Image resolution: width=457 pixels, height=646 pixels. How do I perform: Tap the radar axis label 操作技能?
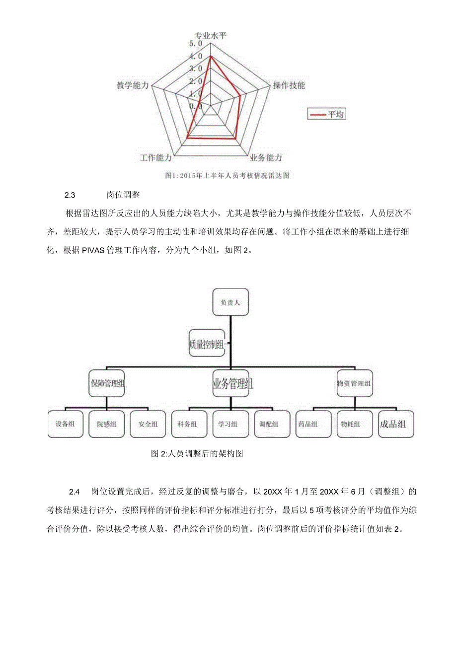pos(289,85)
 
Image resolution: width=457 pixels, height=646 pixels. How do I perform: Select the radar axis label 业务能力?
pos(266,158)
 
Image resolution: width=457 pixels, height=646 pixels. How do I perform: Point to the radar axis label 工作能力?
pos(156,158)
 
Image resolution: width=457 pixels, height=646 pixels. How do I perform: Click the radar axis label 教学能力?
pos(133,85)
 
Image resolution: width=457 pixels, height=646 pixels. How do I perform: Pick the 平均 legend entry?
pos(326,114)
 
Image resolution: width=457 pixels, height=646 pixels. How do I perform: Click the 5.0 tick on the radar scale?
pos(196,44)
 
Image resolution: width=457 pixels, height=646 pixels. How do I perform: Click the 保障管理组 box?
pos(107,383)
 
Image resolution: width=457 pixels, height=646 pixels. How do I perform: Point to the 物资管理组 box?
pos(354,383)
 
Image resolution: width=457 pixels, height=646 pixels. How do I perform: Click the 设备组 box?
pos(66,424)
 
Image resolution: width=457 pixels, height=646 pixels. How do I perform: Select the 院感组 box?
pos(107,424)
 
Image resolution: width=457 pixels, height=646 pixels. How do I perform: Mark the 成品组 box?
pos(395,424)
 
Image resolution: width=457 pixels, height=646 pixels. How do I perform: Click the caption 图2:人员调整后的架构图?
pos(197,453)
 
